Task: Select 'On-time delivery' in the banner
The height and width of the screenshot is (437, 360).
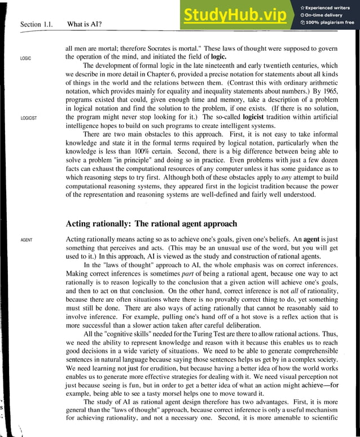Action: [326, 15]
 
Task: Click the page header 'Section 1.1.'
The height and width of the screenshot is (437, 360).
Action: [39, 24]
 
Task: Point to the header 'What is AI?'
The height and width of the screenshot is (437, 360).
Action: [88, 24]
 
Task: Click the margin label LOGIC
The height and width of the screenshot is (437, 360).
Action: [26, 59]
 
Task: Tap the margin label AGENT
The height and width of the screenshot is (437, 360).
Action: [27, 240]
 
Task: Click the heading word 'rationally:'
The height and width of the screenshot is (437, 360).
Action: [122, 223]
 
